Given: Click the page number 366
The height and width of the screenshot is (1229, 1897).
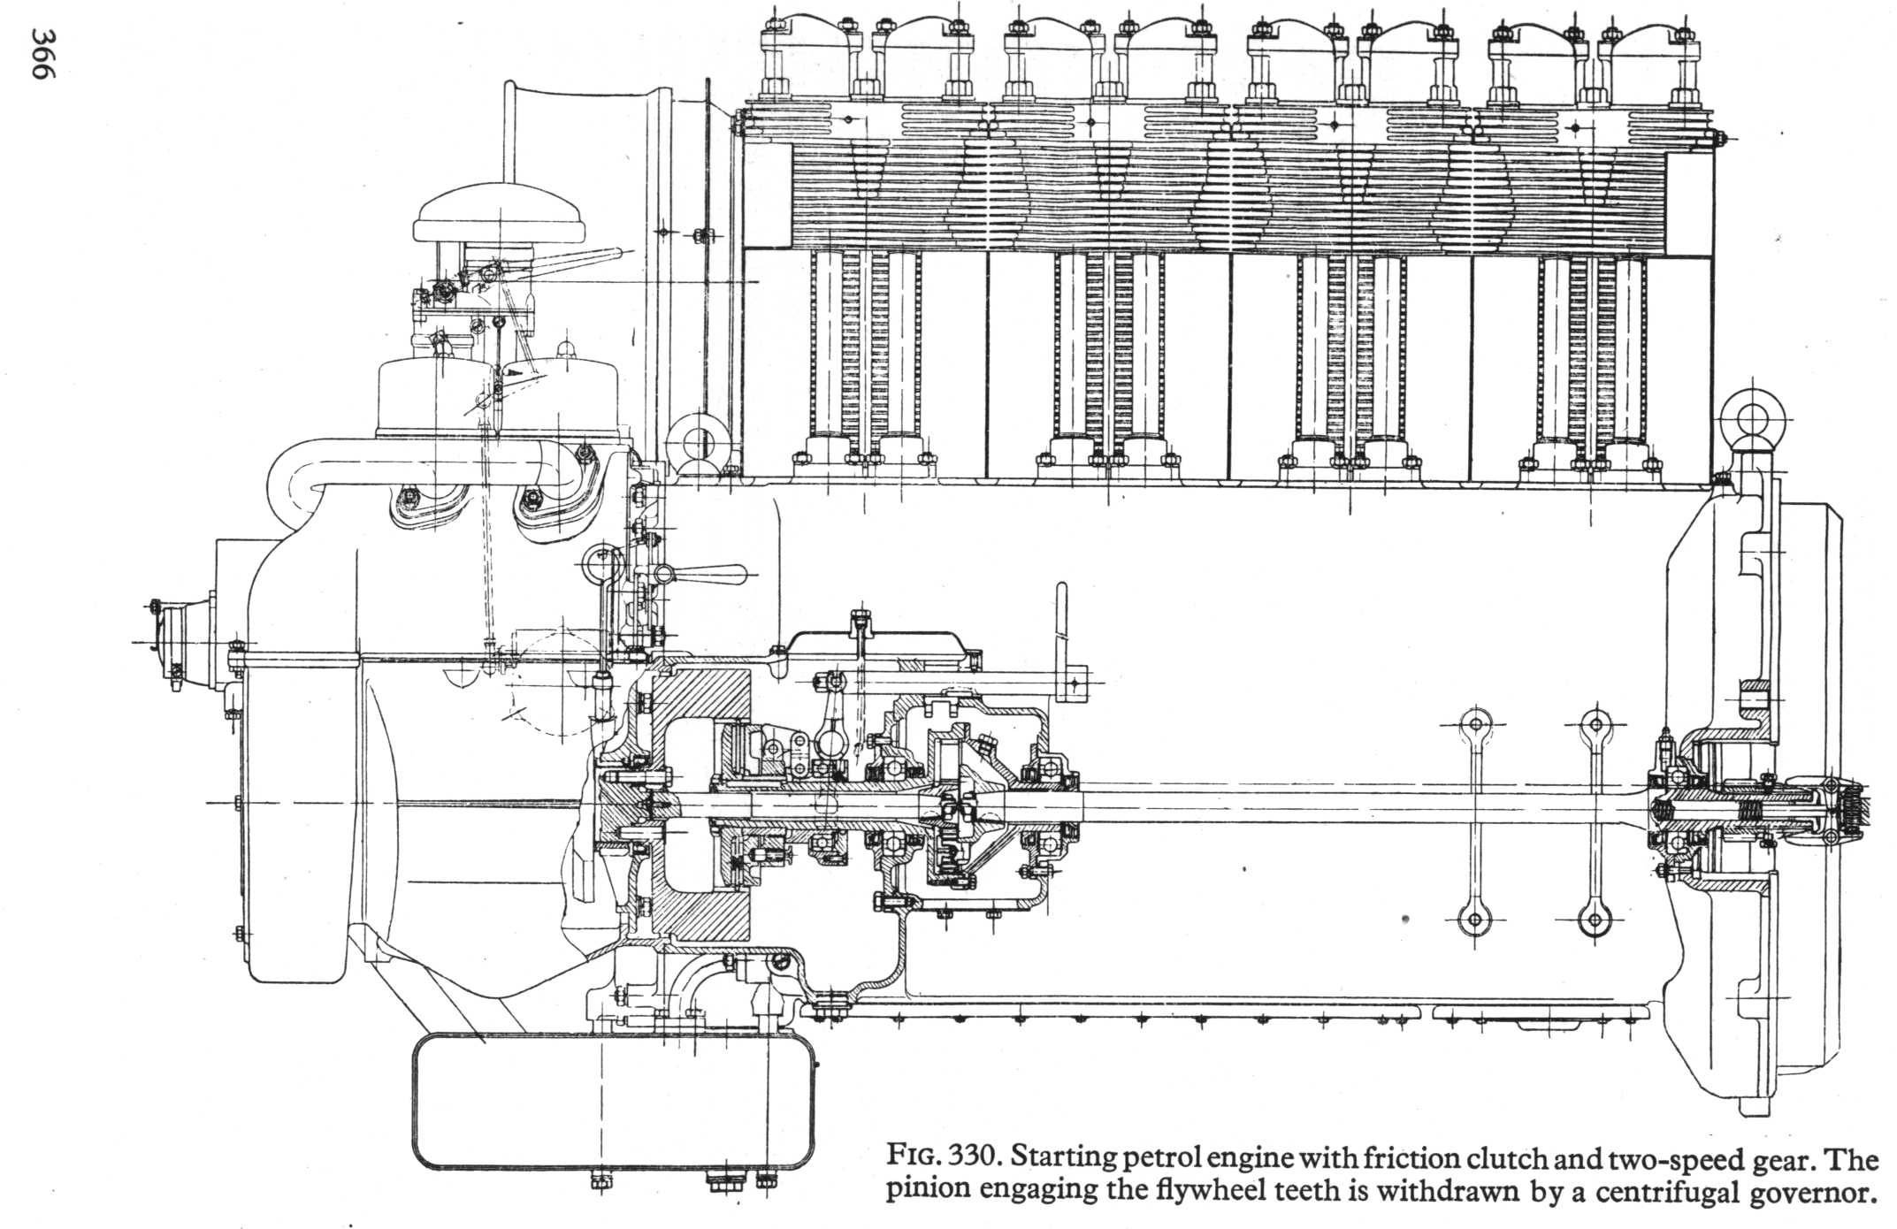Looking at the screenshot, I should (43, 54).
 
